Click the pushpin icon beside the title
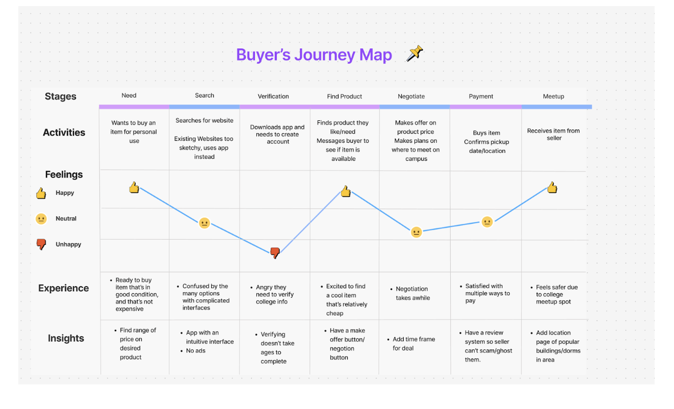point(414,54)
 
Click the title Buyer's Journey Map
point(314,55)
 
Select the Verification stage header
point(273,96)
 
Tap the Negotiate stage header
point(411,96)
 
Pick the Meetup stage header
point(553,96)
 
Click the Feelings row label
point(64,174)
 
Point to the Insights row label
point(66,338)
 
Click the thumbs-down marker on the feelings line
point(275,253)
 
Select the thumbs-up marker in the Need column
point(134,188)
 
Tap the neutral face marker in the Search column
point(204,223)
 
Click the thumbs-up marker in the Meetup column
point(552,188)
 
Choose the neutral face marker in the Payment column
point(487,222)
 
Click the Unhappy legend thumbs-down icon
point(41,244)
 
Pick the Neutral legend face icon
point(41,219)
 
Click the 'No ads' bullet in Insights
point(196,351)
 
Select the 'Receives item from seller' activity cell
point(554,134)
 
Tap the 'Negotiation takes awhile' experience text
point(412,293)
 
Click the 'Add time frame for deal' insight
point(413,344)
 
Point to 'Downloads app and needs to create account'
point(277,134)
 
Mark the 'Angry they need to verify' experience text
point(274,294)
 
